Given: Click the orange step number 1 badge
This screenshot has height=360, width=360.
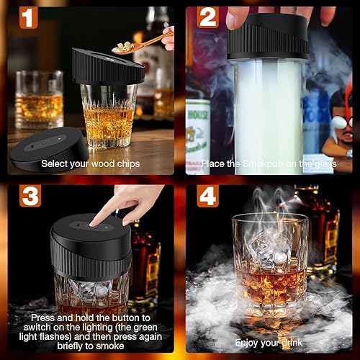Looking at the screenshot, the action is point(28,17).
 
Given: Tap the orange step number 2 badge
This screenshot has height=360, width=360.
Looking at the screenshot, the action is point(208,17).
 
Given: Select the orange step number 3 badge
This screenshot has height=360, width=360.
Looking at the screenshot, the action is point(30,196).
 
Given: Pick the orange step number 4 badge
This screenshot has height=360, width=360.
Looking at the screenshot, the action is point(208,196).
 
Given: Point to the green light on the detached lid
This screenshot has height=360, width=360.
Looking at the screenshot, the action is point(59,139).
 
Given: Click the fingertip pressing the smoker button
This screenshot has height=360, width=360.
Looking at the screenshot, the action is point(92,224).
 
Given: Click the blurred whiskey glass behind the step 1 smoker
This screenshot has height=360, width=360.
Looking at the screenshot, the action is point(39,99).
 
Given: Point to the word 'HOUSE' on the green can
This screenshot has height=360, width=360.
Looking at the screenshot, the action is point(198,114).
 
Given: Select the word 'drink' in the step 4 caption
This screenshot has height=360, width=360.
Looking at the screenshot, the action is point(292,343).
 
